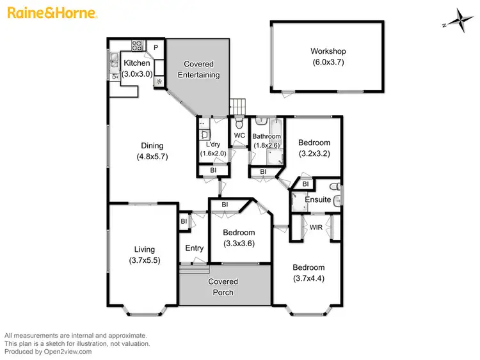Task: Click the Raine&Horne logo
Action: [x=51, y=12]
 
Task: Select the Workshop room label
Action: [x=328, y=51]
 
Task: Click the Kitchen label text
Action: [x=137, y=63]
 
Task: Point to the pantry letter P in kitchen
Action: [x=156, y=47]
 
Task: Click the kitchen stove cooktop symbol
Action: [x=138, y=45]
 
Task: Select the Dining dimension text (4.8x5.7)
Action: [x=152, y=157]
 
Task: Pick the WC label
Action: [x=239, y=136]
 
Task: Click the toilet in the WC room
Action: [x=239, y=122]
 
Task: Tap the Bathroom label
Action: [x=266, y=136]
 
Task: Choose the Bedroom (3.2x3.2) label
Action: [x=314, y=143]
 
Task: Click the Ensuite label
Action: [x=317, y=200]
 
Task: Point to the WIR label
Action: [x=315, y=226]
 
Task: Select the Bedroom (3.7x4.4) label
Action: [x=308, y=267]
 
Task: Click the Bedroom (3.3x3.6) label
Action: [x=239, y=233]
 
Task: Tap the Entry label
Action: [x=195, y=248]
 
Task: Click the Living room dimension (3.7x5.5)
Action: [x=144, y=260]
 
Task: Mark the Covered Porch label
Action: [x=223, y=287]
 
